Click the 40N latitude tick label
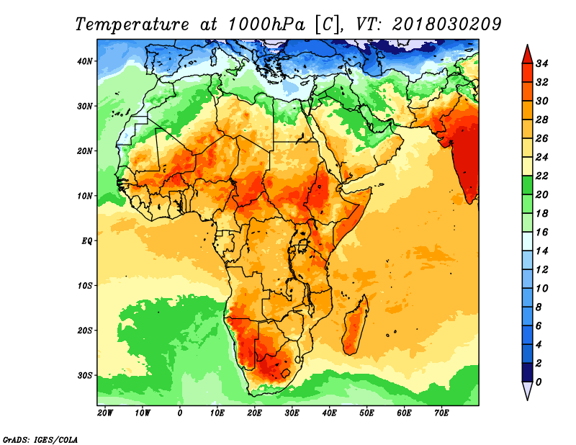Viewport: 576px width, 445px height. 85,61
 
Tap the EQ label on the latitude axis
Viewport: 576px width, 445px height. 86,241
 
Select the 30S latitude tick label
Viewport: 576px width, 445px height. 85,376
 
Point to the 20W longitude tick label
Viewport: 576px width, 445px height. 105,413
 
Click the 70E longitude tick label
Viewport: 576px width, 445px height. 441,413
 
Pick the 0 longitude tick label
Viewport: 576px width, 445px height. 179,413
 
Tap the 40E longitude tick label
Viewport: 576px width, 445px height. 329,413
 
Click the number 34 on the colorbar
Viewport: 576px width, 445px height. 541,63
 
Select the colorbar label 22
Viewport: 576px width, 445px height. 541,176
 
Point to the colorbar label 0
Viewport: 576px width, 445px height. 539,382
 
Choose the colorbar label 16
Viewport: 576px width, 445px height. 541,233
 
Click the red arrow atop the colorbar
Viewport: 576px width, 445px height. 527,55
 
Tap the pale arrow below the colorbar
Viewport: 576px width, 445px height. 527,391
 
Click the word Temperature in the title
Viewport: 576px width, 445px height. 132,25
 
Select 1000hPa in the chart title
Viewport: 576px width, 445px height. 266,24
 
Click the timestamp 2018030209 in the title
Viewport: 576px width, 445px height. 446,24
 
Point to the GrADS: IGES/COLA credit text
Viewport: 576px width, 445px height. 40,439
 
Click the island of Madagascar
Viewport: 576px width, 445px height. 355,327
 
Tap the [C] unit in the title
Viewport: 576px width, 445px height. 327,25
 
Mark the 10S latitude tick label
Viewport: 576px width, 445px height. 85,286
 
